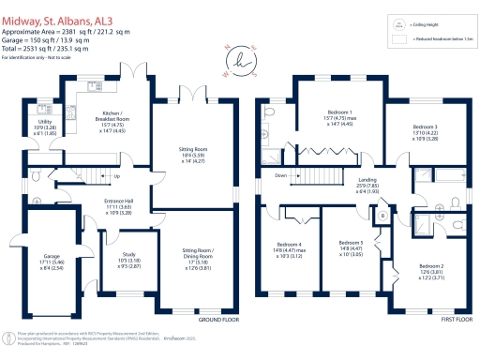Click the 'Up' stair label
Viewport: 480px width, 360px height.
tap(116, 176)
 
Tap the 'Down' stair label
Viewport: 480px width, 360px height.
tap(280, 175)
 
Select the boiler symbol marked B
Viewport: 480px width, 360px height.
tap(382, 216)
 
